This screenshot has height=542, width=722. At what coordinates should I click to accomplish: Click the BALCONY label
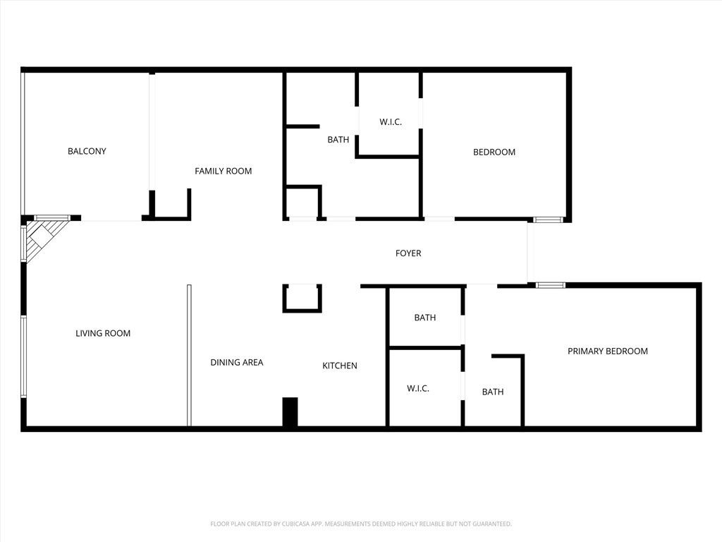[x=87, y=151]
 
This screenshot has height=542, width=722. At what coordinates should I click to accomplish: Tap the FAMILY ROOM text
[x=223, y=171]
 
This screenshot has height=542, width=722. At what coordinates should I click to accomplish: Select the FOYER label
[x=408, y=253]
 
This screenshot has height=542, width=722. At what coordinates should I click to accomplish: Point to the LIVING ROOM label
[x=103, y=333]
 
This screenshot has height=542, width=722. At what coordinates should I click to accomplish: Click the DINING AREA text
[x=237, y=363]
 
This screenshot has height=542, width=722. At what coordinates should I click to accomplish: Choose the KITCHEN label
[x=340, y=366]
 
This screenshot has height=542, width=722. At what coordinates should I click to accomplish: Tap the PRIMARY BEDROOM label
[x=608, y=351]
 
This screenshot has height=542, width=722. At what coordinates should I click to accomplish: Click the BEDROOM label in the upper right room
[x=494, y=152]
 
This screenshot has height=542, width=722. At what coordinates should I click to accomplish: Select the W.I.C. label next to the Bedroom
[x=391, y=122]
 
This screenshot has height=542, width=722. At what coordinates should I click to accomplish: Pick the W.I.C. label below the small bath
[x=418, y=389]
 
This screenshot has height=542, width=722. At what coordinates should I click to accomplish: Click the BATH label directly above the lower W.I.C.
[x=424, y=318]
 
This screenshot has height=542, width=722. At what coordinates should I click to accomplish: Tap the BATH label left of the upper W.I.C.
[x=338, y=140]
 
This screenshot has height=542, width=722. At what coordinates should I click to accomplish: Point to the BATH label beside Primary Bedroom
[x=493, y=392]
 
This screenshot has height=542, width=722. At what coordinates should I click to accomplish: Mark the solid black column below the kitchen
[x=290, y=412]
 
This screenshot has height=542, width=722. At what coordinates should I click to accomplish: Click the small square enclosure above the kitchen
[x=302, y=298]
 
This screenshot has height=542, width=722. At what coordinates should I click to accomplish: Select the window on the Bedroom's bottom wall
[x=547, y=219]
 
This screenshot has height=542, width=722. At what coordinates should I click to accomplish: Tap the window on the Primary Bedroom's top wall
[x=550, y=285]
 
